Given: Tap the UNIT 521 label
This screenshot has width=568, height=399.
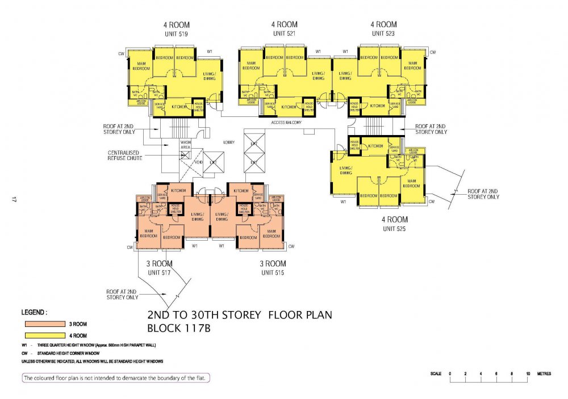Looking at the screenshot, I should click(x=284, y=34).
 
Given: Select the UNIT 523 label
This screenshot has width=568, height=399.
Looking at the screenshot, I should click(x=383, y=34).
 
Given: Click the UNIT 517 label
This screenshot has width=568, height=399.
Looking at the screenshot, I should click(x=160, y=273).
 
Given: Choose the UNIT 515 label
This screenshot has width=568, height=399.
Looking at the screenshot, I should click(x=273, y=273).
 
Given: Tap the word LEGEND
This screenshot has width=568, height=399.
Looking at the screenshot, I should click(x=35, y=313).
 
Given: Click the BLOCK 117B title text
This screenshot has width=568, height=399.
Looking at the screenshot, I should click(x=178, y=328).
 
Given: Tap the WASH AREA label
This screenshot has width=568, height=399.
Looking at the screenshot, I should click(x=185, y=145).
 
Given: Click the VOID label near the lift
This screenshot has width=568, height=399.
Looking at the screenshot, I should click(x=199, y=161).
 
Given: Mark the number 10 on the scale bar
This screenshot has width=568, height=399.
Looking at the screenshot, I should click(x=528, y=373).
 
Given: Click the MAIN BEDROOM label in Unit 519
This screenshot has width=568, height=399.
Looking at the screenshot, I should click(x=141, y=66).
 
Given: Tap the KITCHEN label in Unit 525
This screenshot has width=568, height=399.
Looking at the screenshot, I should click(x=375, y=146).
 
